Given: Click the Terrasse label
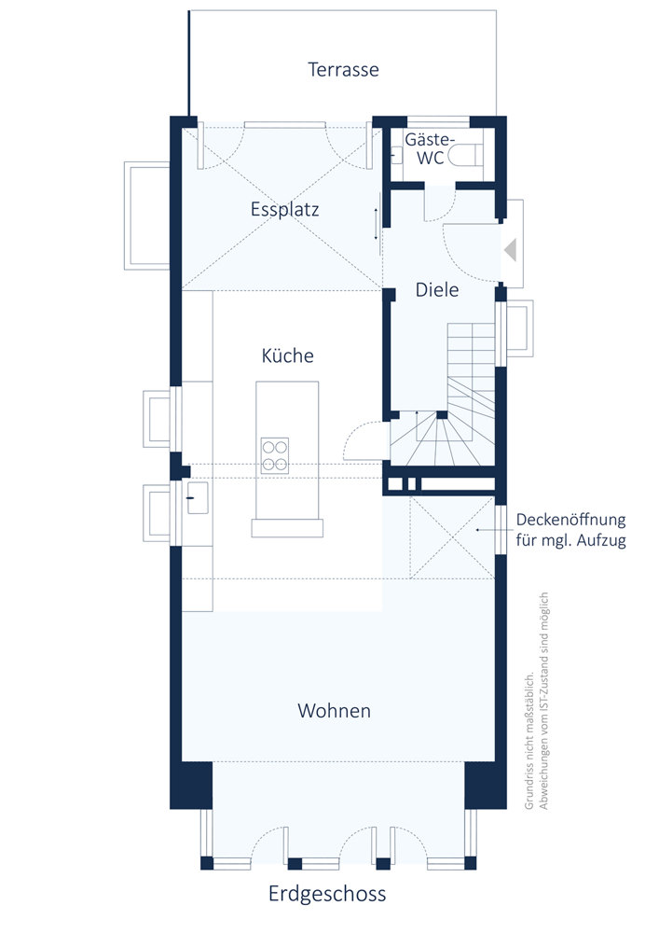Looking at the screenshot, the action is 343,70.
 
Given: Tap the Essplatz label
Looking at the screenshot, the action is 284,209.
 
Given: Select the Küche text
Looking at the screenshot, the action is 288,355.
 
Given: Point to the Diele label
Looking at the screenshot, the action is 437,290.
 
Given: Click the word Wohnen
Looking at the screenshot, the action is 334,710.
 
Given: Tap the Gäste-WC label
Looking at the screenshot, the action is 429,148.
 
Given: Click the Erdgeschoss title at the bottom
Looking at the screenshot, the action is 327,894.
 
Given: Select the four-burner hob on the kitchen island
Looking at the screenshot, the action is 275,456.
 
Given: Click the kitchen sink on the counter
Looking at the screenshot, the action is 198,497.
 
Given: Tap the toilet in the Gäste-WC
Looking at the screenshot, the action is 465,156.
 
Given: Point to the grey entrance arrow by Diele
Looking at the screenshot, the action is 510,250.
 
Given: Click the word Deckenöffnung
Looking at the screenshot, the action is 570,520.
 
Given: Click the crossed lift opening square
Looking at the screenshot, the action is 452,537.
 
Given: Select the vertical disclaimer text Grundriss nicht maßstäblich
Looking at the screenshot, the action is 529,741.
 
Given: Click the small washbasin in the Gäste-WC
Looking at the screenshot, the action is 397,155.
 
